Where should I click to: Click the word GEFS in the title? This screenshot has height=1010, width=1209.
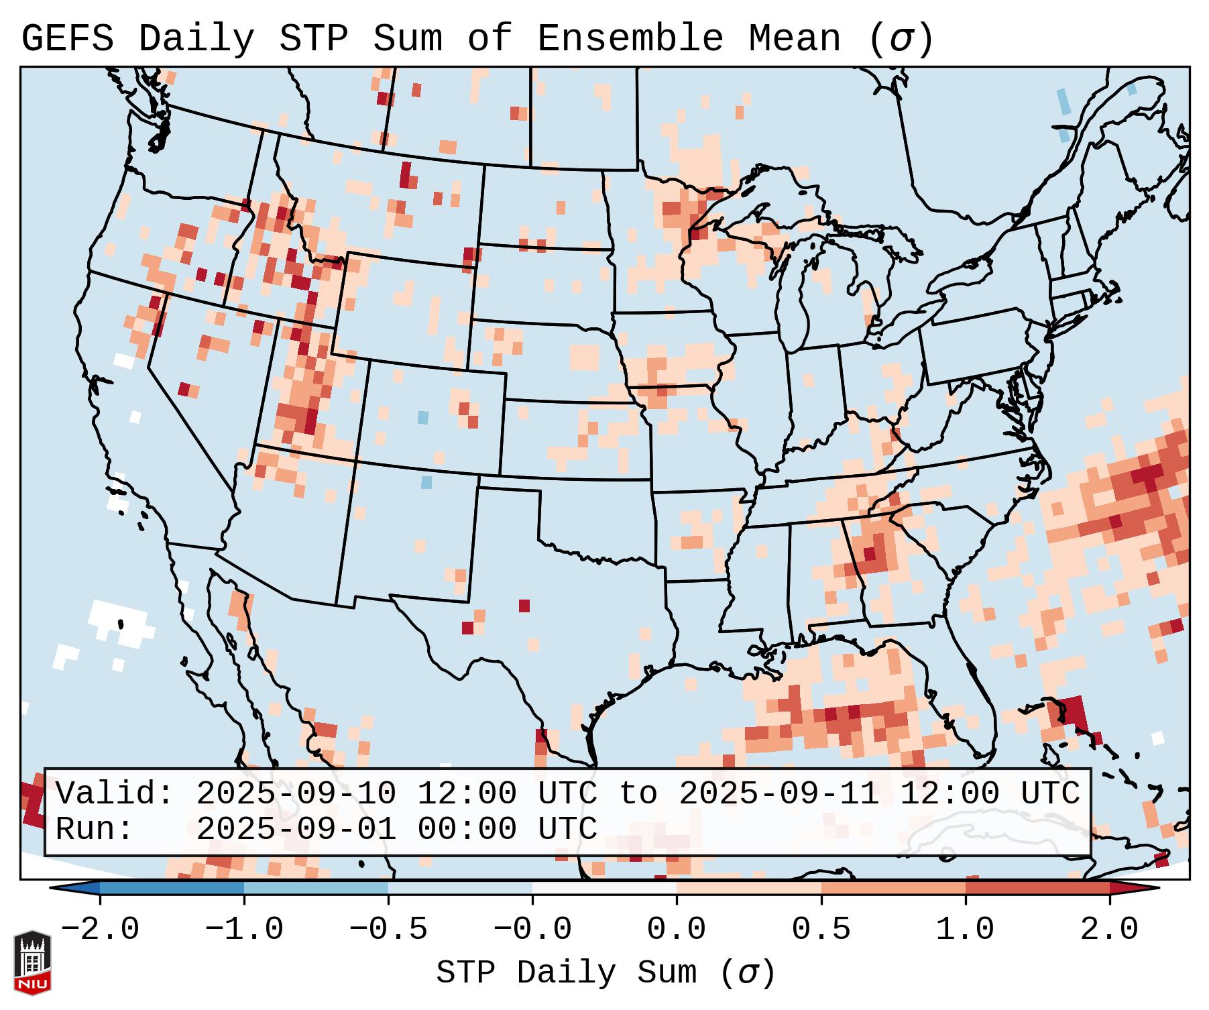tap(67, 38)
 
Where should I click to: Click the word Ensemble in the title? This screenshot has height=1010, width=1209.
tap(630, 38)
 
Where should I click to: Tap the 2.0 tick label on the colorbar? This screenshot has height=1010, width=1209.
tap(1110, 929)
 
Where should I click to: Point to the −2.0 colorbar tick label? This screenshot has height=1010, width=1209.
tap(100, 929)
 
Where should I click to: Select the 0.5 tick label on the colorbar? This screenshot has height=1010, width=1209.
tap(821, 929)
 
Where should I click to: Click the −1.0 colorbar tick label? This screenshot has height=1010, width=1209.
tap(244, 929)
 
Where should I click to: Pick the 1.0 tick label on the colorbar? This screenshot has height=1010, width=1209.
tap(966, 929)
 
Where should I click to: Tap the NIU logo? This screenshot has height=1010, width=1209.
tap(32, 962)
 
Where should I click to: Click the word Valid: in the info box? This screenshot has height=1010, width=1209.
tap(115, 793)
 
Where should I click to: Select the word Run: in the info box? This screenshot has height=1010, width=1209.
tap(95, 829)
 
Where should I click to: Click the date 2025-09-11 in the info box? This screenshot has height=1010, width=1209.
tap(779, 793)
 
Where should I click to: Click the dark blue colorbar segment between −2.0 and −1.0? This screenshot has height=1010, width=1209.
tap(172, 888)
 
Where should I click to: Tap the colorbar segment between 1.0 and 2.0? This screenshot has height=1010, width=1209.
tap(1037, 888)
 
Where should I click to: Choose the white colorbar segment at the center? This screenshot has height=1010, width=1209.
tap(604, 888)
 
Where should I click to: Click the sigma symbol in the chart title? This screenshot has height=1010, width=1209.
tap(901, 40)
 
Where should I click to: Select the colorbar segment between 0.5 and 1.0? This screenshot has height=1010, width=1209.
tap(893, 888)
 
